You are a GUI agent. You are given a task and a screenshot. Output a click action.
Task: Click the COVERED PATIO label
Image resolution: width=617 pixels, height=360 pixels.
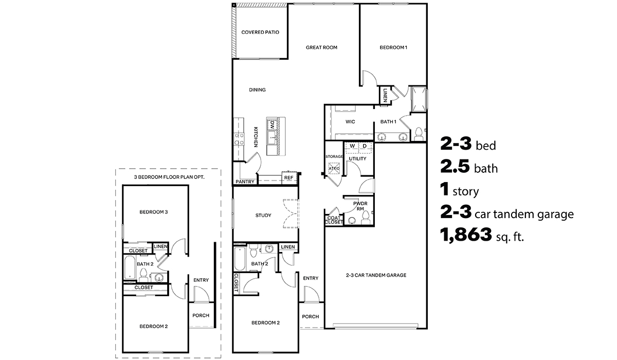(260, 32)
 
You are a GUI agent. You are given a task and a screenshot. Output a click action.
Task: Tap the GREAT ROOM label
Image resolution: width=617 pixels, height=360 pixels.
(321, 47)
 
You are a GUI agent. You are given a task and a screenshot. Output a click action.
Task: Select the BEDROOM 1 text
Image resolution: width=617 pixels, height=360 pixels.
(393, 47)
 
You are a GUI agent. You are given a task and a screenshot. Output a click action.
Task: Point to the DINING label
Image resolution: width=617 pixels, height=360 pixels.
(257, 90)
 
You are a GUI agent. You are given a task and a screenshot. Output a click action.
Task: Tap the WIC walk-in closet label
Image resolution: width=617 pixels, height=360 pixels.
(351, 122)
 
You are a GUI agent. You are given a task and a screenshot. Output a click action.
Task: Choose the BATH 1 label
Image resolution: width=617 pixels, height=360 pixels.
(388, 122)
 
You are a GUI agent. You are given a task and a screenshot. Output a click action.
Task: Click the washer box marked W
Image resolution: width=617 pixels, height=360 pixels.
(352, 146)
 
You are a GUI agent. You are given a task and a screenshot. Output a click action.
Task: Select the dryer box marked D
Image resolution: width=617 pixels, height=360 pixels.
(365, 146)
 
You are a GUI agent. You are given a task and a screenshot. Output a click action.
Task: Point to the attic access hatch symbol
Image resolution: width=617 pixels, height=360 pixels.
(334, 168)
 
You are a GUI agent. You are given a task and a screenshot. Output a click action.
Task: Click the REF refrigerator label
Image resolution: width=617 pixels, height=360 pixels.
(288, 178)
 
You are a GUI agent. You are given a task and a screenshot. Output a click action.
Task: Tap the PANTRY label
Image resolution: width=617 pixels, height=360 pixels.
(244, 182)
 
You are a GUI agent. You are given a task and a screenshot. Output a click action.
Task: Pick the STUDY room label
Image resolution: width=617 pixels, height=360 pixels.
(263, 215)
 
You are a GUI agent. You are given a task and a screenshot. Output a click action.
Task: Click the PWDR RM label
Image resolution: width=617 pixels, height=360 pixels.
(360, 206)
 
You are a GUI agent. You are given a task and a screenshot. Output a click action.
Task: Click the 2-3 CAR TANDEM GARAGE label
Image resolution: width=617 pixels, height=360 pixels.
(376, 275)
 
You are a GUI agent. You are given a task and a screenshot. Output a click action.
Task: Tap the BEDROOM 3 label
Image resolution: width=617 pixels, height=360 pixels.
(154, 212)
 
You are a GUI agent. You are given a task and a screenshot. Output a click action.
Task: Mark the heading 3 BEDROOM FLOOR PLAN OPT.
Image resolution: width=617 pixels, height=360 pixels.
(169, 177)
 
